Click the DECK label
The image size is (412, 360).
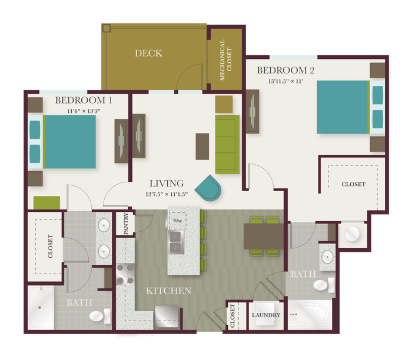click(x=148, y=54)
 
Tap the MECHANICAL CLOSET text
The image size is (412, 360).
click(x=225, y=60)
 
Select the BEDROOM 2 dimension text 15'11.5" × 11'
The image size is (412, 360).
click(x=285, y=81)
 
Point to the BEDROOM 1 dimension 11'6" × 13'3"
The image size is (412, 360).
click(x=84, y=111)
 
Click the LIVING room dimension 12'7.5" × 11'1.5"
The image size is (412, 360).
click(x=167, y=194)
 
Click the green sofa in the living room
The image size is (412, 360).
click(x=227, y=145)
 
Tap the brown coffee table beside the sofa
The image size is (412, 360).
click(x=202, y=146)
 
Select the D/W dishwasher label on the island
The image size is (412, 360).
click(x=178, y=221)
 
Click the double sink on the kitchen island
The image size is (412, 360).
click(x=177, y=242)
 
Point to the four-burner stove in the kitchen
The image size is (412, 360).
click(x=125, y=274)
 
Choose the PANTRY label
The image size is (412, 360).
click(x=126, y=224)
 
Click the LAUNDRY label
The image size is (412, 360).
click(x=266, y=315)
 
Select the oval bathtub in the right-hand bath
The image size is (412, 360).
click(x=310, y=314)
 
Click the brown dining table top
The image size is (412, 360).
click(x=264, y=236)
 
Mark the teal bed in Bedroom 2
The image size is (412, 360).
click(x=343, y=107)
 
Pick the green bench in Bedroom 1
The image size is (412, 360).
click(x=46, y=203)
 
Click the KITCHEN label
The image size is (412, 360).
click(x=168, y=291)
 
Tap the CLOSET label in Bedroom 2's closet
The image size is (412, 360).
click(x=353, y=184)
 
